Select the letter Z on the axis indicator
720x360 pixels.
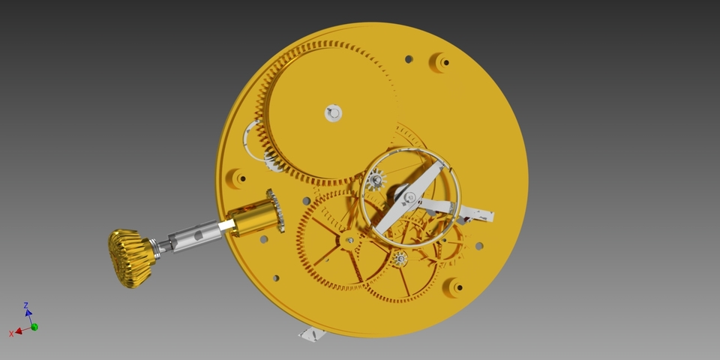pos(26,305)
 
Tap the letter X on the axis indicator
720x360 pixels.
pos(11,333)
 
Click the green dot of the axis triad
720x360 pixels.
pos(34,327)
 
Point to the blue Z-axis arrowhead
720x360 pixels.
pos(28,313)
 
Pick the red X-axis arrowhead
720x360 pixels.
pos(18,330)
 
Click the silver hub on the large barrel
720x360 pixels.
pos(333,113)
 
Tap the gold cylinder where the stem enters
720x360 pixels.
pos(252,218)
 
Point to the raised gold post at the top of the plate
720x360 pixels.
pos(441,61)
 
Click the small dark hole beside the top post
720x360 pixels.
pos(408,58)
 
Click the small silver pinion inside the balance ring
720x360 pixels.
pos(376,179)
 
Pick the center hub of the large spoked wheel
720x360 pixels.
pos(348,240)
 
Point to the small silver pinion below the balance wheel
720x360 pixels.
pos(400,259)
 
